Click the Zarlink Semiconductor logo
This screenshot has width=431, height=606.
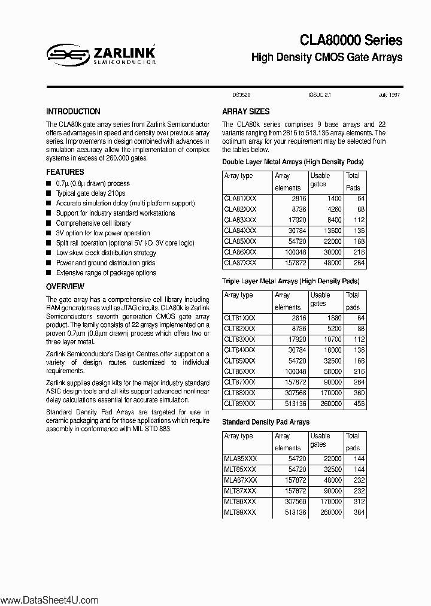click(101, 55)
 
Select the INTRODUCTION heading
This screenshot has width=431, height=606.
click(73, 111)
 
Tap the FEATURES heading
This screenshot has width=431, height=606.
click(65, 172)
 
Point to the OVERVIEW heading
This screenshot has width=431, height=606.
click(65, 287)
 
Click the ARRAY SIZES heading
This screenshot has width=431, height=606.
click(245, 111)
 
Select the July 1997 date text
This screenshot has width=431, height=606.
click(389, 95)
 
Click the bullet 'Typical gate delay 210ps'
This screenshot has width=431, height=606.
click(90, 193)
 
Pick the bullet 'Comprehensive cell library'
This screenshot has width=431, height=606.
click(93, 223)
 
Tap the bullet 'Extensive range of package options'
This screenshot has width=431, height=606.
click(105, 272)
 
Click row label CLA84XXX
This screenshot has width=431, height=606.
click(240, 231)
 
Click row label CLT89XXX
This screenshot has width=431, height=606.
click(240, 404)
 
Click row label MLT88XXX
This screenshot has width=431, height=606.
click(240, 502)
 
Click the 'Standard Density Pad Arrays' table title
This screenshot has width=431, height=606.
click(266, 422)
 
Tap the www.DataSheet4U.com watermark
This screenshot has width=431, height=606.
click(48, 599)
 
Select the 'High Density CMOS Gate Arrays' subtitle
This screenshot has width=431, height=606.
click(327, 58)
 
